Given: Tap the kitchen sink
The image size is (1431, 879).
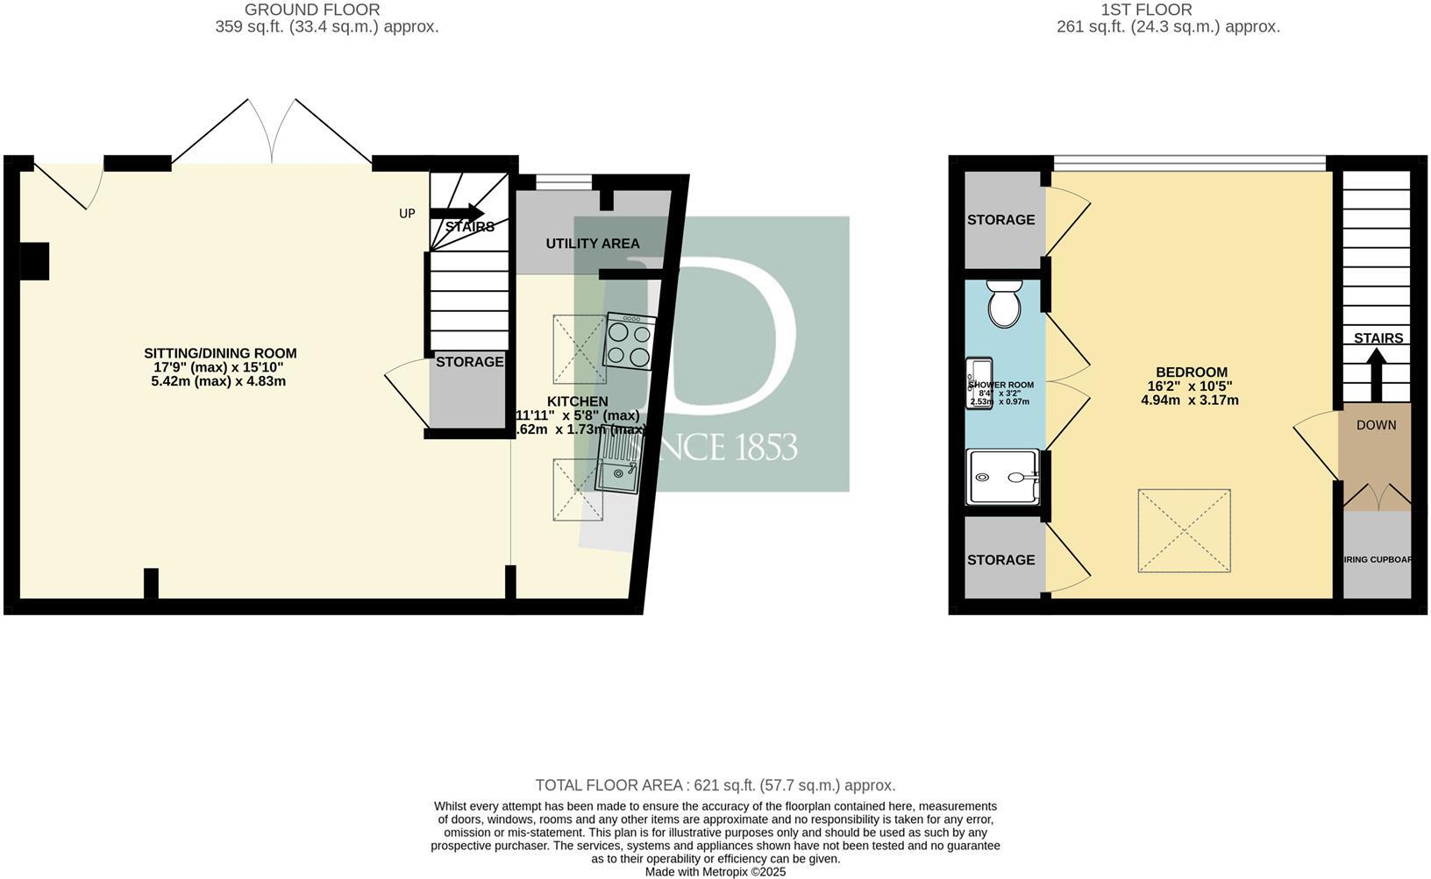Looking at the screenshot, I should coord(619,464).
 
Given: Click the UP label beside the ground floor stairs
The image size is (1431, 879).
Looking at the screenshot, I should coord(407,213).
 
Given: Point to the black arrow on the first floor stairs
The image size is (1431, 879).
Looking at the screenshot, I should coord(1376,373).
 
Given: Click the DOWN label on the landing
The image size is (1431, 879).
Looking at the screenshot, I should coord(1376,425).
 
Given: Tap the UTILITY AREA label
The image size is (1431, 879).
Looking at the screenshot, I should coord(593,244).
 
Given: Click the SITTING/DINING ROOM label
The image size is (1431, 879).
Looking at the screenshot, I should coord(220,354).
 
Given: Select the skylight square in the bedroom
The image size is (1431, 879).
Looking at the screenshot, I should coord(1184,531).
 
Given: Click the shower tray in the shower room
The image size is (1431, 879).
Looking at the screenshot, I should coord(1002,477).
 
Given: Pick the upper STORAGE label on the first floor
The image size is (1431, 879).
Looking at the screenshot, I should coord(1000,220).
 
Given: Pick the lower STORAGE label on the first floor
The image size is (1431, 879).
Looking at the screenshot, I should coord(1000,560).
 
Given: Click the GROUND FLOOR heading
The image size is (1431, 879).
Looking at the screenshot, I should coord(312,10).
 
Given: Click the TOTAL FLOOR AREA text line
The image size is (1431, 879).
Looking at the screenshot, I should coord(715,785).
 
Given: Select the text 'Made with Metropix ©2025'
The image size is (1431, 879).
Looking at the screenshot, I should coord(715,872).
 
